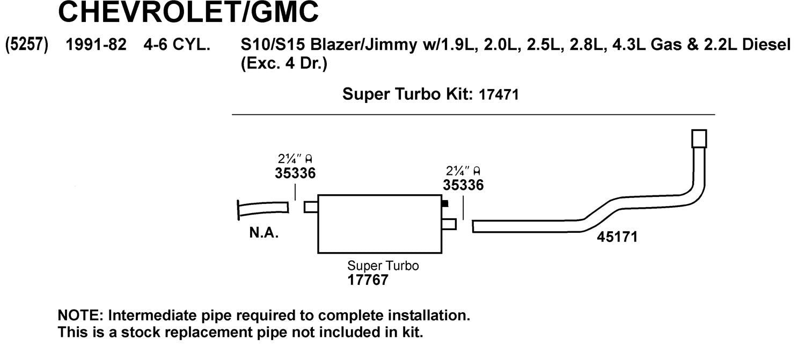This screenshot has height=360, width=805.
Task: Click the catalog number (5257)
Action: [x=27, y=45]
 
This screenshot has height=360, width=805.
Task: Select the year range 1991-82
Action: [x=96, y=45]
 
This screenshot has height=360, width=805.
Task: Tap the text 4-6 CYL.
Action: [x=177, y=45]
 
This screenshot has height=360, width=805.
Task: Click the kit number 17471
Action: [x=496, y=95]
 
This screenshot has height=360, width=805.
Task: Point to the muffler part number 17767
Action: [x=367, y=280]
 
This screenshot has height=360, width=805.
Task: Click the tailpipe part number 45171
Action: [x=617, y=237]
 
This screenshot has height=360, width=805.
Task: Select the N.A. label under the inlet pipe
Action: [x=264, y=234]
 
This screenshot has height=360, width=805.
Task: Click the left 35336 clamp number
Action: [x=295, y=173]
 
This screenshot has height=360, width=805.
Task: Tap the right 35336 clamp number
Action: [x=463, y=185]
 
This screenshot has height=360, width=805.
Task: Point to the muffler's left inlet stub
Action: [x=311, y=207]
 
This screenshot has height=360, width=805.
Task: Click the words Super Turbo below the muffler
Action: [x=383, y=266]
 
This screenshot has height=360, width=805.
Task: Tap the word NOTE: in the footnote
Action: [x=75, y=315]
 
